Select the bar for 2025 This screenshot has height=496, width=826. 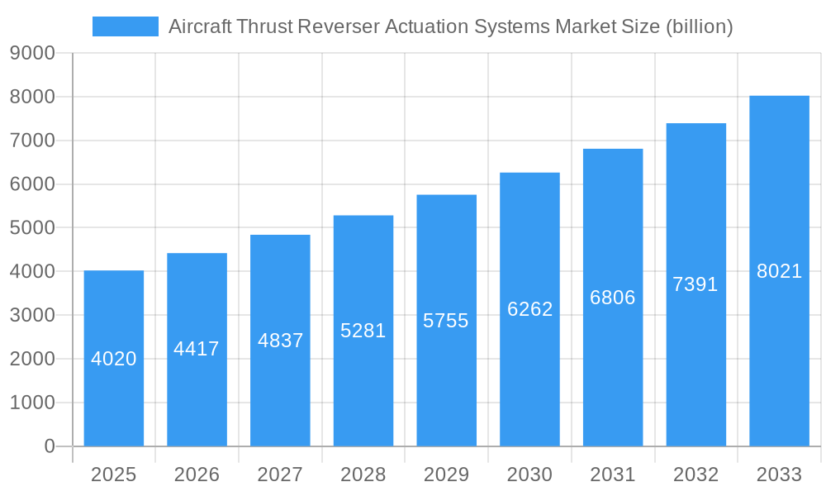114,397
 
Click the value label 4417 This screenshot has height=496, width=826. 197,349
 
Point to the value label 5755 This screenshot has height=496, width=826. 446,321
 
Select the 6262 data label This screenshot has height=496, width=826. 529,309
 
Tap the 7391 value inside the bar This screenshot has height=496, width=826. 695,284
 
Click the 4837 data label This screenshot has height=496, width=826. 280,341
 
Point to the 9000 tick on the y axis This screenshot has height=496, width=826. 32,54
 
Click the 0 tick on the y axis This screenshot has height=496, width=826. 49,446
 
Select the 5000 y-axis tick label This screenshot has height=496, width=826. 32,228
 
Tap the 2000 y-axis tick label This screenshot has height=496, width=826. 32,359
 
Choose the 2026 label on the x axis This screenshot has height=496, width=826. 197,475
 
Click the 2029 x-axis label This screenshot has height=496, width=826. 446,475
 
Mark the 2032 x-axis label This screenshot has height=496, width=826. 695,475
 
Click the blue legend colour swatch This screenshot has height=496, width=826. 126,26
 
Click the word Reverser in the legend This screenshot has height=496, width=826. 337,26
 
